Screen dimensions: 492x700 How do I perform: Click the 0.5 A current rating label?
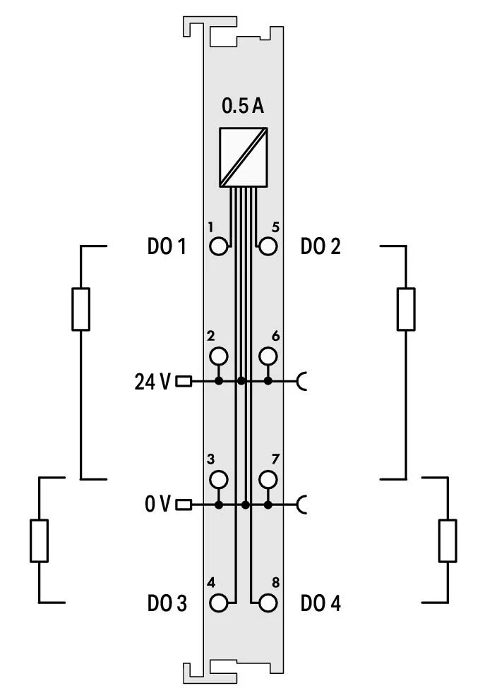(243, 107)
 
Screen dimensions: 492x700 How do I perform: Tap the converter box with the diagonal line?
(244, 157)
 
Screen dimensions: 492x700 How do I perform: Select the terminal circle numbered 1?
(218, 246)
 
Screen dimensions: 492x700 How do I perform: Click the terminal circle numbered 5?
(268, 246)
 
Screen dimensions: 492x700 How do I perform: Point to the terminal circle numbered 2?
(218, 356)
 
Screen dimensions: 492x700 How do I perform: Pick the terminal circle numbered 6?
(268, 356)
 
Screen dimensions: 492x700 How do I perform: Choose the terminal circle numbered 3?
(218, 479)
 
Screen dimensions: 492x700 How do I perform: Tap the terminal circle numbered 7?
(268, 479)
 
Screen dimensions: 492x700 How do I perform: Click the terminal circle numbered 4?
(218, 603)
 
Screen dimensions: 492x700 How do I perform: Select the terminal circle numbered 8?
(268, 603)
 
